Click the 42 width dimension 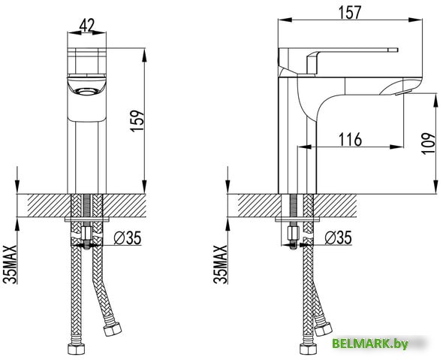point(86,26)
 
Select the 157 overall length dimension point(351,13)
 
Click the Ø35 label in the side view point(336,238)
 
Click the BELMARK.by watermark point(370,343)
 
